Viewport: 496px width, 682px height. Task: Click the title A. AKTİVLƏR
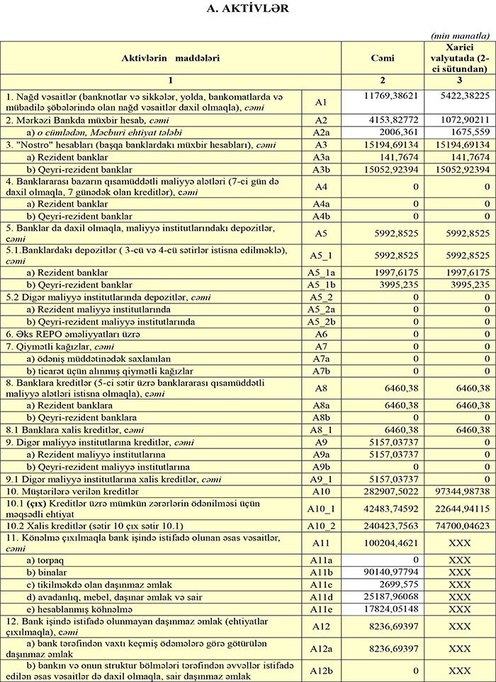click(248, 8)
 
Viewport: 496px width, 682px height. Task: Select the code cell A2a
click(321, 132)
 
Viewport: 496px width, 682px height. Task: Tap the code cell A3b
click(321, 170)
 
